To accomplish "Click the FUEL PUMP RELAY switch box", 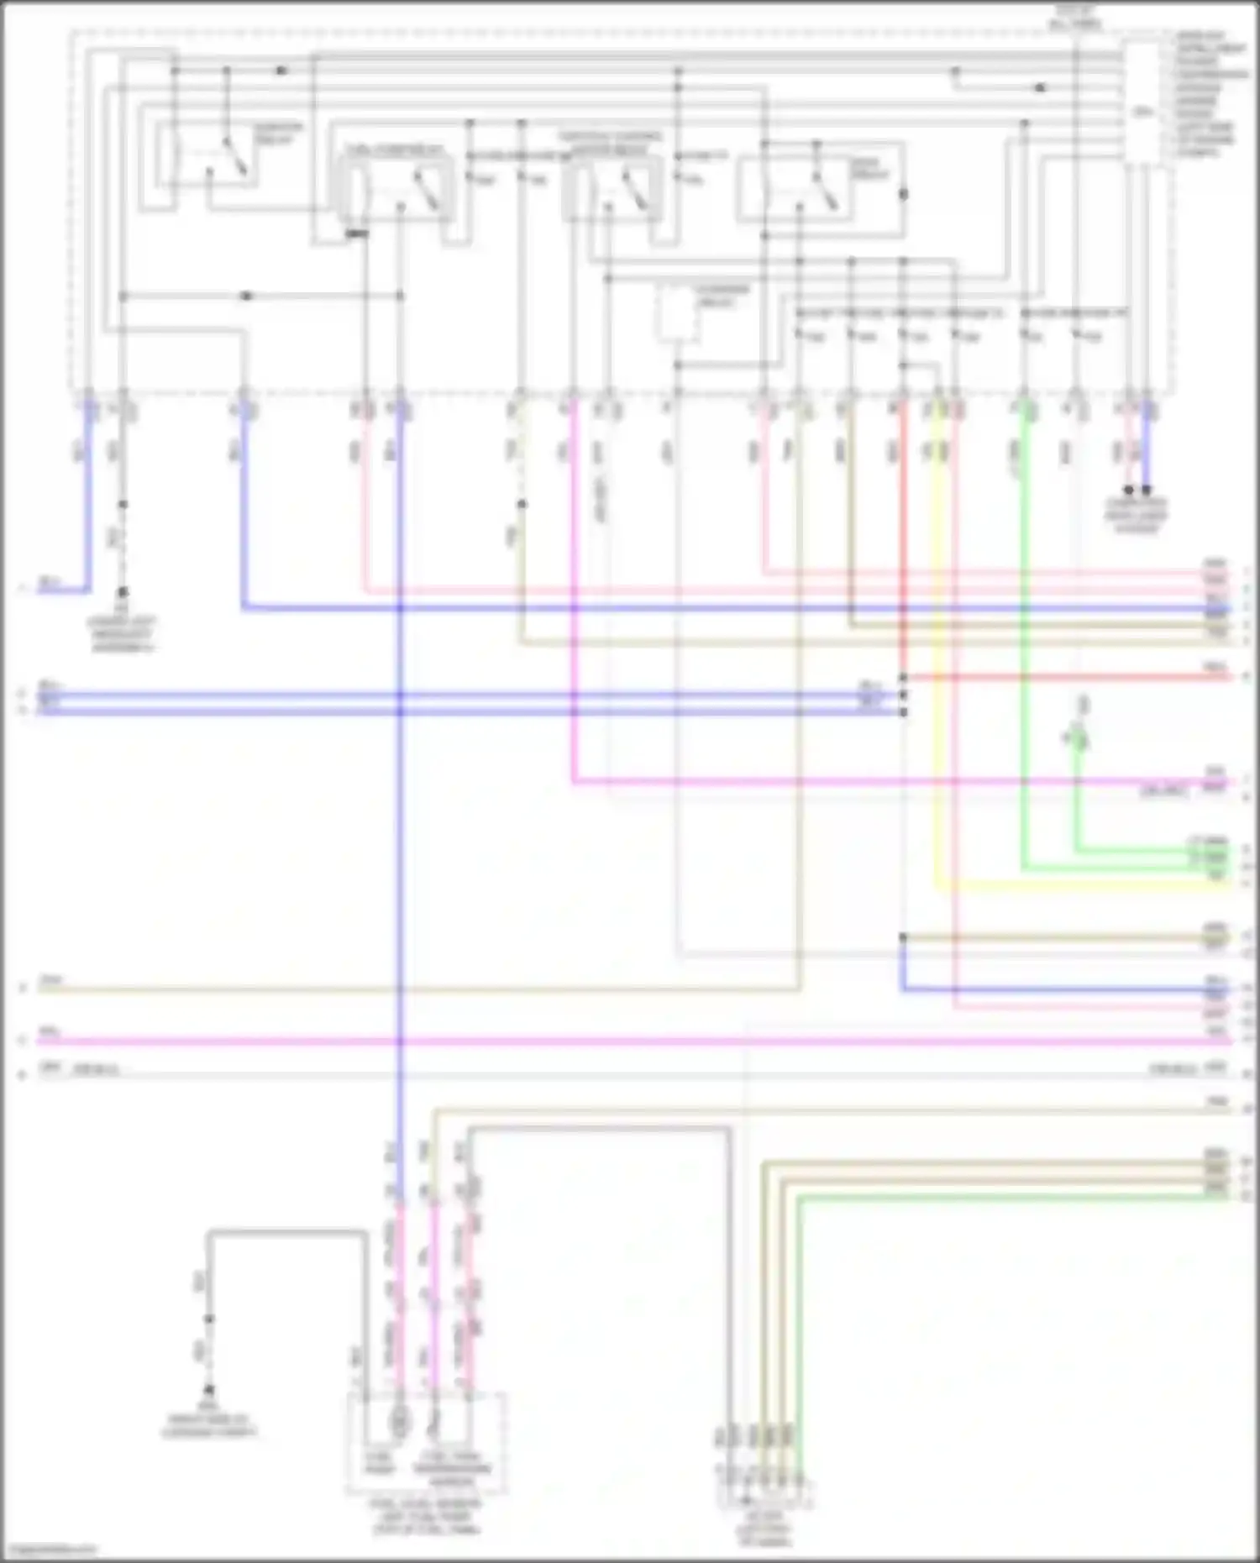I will [395, 191].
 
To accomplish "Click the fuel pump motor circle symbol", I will [400, 1423].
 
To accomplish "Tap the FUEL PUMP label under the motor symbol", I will [380, 1463].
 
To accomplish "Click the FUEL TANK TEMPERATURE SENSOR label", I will [452, 1465].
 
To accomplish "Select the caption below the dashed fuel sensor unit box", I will [426, 1516].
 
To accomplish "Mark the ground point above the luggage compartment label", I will [209, 1390].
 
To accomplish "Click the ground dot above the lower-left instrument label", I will [123, 592].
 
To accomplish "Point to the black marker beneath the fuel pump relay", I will [357, 233].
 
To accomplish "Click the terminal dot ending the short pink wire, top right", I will [1129, 490].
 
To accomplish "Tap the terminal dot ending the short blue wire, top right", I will [1147, 490].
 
